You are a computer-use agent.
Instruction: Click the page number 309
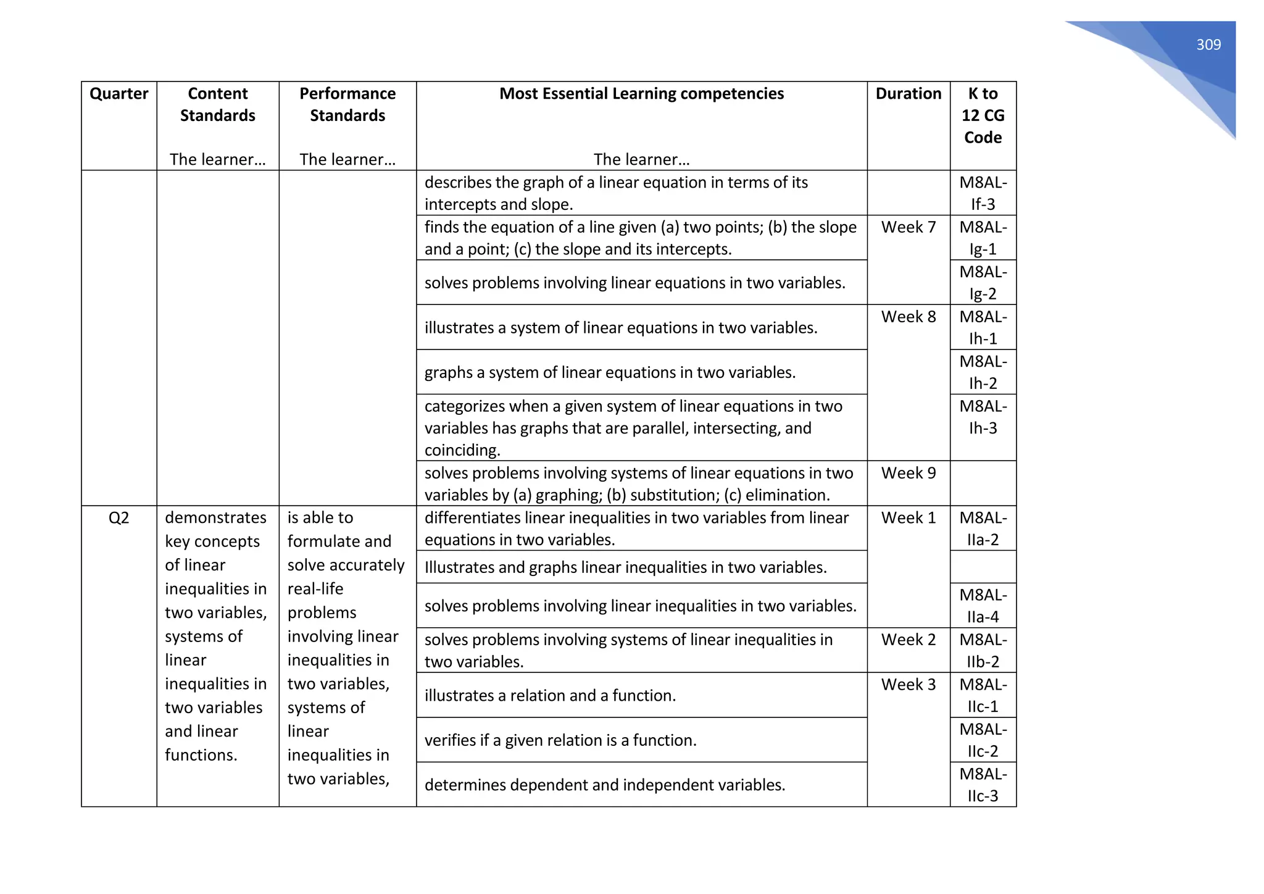point(1208,45)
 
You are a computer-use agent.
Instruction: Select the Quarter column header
point(118,94)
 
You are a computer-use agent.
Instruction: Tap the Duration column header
point(908,94)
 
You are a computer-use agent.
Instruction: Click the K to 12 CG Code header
point(983,115)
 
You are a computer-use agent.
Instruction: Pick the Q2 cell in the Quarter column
point(118,518)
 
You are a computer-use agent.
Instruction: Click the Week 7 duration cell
point(908,228)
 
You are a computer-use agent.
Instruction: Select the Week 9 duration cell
point(908,474)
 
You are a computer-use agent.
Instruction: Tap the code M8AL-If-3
point(983,193)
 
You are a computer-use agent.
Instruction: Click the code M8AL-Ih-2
point(983,372)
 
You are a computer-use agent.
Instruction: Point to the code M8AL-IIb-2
point(983,651)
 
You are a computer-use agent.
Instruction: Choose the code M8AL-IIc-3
point(983,785)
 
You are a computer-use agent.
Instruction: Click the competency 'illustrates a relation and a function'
point(550,696)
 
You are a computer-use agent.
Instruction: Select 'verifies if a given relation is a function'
point(560,740)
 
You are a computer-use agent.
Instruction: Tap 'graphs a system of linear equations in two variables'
point(610,373)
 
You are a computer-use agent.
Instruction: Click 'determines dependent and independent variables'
point(605,785)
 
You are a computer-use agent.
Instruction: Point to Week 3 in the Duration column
point(908,685)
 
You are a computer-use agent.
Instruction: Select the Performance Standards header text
point(347,104)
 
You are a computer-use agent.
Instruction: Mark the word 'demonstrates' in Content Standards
point(215,518)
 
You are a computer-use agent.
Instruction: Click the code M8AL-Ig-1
point(983,238)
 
